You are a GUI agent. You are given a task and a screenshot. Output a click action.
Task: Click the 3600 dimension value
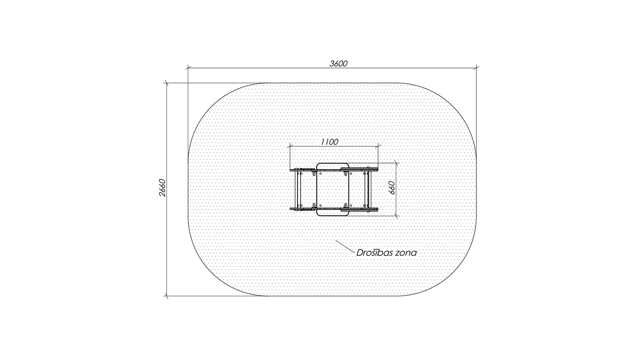(338, 63)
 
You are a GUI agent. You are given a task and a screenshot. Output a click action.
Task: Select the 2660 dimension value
(162, 188)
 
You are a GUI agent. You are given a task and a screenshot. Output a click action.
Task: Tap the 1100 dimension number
(329, 142)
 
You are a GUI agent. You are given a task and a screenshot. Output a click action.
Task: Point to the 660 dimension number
(392, 188)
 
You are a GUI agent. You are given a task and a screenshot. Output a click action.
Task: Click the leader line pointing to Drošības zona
(345, 246)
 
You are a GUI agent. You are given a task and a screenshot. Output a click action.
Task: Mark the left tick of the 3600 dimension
(188, 68)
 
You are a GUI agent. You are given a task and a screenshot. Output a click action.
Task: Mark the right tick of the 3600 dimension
(476, 68)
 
